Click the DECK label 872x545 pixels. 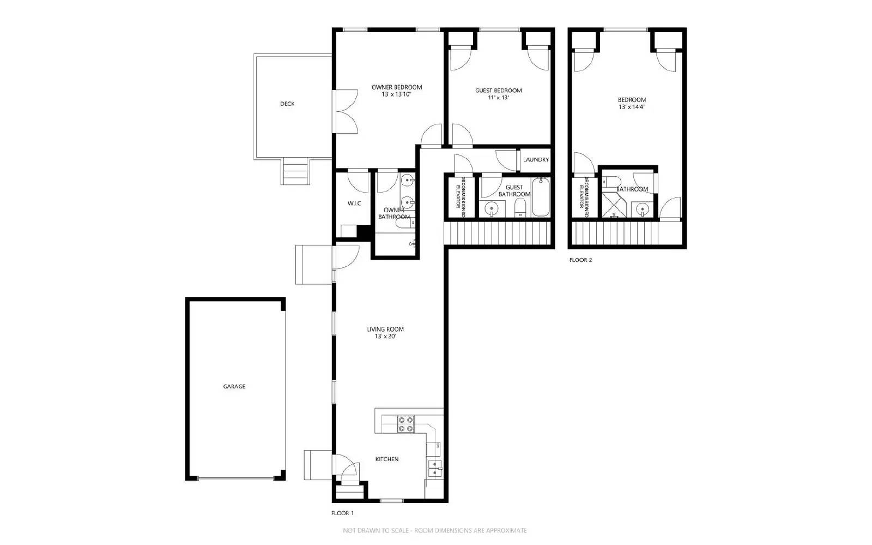(x=287, y=104)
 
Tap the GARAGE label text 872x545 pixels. (x=234, y=386)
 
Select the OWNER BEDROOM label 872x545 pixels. (x=397, y=87)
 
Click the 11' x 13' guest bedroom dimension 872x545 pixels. (x=498, y=98)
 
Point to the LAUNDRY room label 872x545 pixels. (x=536, y=160)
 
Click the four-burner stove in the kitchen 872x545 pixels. (x=405, y=424)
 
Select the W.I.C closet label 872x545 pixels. (x=354, y=203)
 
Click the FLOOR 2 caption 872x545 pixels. (x=580, y=260)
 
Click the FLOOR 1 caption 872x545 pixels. (x=343, y=513)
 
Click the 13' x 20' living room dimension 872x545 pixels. (x=385, y=337)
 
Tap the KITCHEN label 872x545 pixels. (x=387, y=459)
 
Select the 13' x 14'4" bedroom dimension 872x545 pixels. (x=632, y=107)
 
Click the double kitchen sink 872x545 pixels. (x=434, y=469)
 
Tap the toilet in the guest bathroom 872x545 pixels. (x=520, y=207)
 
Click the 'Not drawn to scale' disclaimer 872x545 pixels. (x=434, y=530)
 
